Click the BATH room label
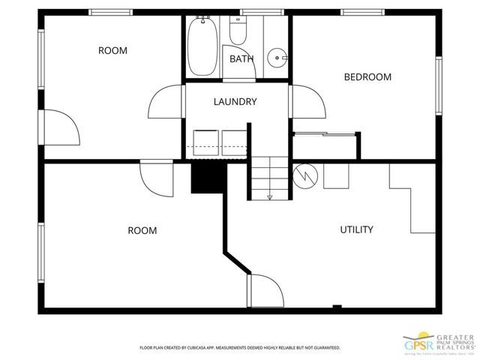[x=241, y=58]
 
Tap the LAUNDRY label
[x=235, y=102]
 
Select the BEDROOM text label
[x=367, y=76]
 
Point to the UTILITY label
[x=357, y=229]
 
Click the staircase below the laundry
[x=269, y=178]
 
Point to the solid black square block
[x=208, y=178]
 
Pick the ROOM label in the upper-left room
[x=112, y=51]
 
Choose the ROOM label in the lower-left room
[x=142, y=230]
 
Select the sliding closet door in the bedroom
[x=324, y=134]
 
